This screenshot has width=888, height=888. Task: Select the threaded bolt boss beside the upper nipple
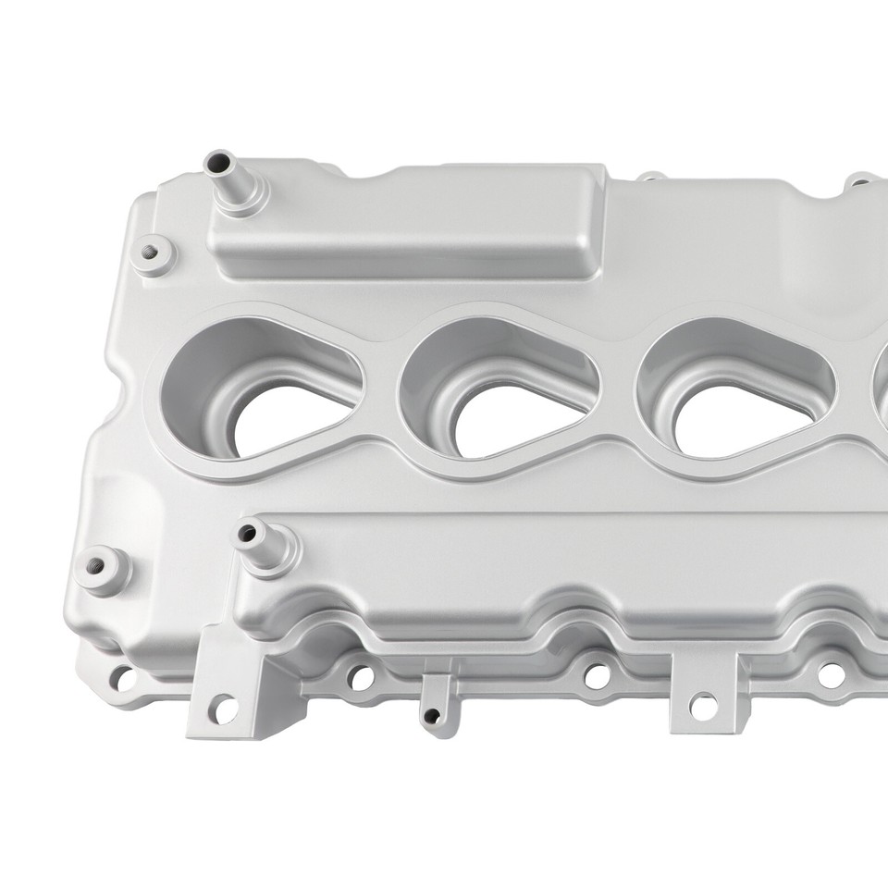[150, 253]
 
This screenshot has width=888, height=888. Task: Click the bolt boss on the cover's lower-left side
[100, 565]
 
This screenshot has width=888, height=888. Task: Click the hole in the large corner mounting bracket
[223, 709]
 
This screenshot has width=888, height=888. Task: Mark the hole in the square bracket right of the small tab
[704, 706]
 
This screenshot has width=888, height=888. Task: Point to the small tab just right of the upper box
[651, 177]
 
